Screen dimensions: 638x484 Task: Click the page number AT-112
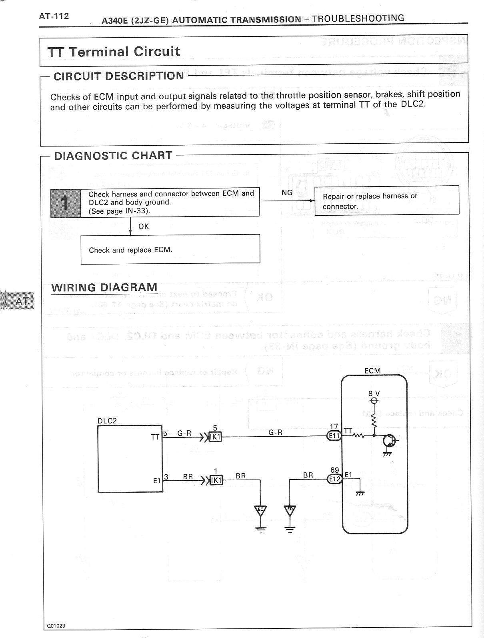coord(54,16)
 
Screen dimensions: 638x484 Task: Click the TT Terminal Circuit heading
coord(114,52)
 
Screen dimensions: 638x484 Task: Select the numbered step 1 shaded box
coord(66,203)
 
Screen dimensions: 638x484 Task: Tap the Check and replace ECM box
coord(170,249)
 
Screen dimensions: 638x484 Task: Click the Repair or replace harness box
coord(386,201)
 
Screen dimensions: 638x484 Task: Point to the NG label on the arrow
coord(287,193)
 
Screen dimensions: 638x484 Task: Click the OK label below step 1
coord(143,227)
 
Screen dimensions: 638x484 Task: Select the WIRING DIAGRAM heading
coord(104,287)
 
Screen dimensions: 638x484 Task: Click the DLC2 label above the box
coord(107,421)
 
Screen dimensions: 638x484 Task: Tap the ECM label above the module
coord(372,371)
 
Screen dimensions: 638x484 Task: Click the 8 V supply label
coord(374,393)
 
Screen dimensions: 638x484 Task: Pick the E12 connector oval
coord(334,479)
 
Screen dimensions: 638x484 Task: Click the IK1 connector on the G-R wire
coord(215,437)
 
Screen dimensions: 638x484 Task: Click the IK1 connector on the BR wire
coord(216,480)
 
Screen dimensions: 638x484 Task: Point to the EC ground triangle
coord(260,511)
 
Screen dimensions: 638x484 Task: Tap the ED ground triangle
coord(290,511)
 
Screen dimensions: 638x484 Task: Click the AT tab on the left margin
coord(21,301)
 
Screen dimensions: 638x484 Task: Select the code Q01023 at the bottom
coord(56,626)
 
